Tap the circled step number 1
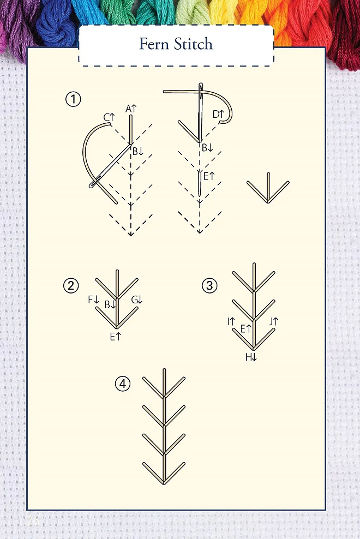click(x=73, y=99)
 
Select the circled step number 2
click(x=71, y=285)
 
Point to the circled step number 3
click(x=210, y=285)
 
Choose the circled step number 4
click(x=123, y=384)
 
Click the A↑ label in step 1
click(x=131, y=109)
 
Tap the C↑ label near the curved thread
click(x=109, y=117)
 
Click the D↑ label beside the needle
click(x=218, y=114)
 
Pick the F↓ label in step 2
click(x=93, y=300)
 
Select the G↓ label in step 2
click(x=137, y=300)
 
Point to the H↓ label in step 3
click(x=251, y=357)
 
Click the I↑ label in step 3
click(x=231, y=322)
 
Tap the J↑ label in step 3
click(x=274, y=322)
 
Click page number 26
click(x=33, y=520)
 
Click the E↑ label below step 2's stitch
click(x=116, y=337)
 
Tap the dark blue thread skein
click(x=57, y=21)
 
